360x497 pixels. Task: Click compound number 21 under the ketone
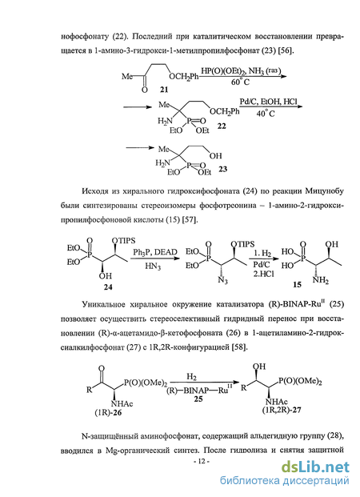pos(164,90)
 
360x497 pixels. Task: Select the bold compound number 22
pos(222,126)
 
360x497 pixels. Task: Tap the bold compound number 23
pos(222,169)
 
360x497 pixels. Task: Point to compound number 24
pos(108,287)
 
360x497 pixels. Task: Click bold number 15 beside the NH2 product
pos(297,285)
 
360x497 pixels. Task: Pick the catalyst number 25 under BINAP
pos(198,399)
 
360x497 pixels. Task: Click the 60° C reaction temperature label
pos(240,82)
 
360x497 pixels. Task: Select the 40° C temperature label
pos(266,113)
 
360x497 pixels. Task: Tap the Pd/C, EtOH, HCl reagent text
pos(269,102)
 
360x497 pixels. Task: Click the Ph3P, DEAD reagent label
pos(155,252)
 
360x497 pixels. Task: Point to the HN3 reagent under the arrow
pos(153,267)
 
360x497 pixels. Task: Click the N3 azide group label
pos(222,280)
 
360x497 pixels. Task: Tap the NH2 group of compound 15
pos(320,280)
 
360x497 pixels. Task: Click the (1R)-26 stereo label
pos(108,413)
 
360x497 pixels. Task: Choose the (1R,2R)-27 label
pos(282,410)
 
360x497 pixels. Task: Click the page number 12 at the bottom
pos(202,462)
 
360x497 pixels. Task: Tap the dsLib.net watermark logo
pos(315,467)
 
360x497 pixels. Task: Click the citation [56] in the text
pos(286,50)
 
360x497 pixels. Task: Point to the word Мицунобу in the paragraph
pos(325,191)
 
